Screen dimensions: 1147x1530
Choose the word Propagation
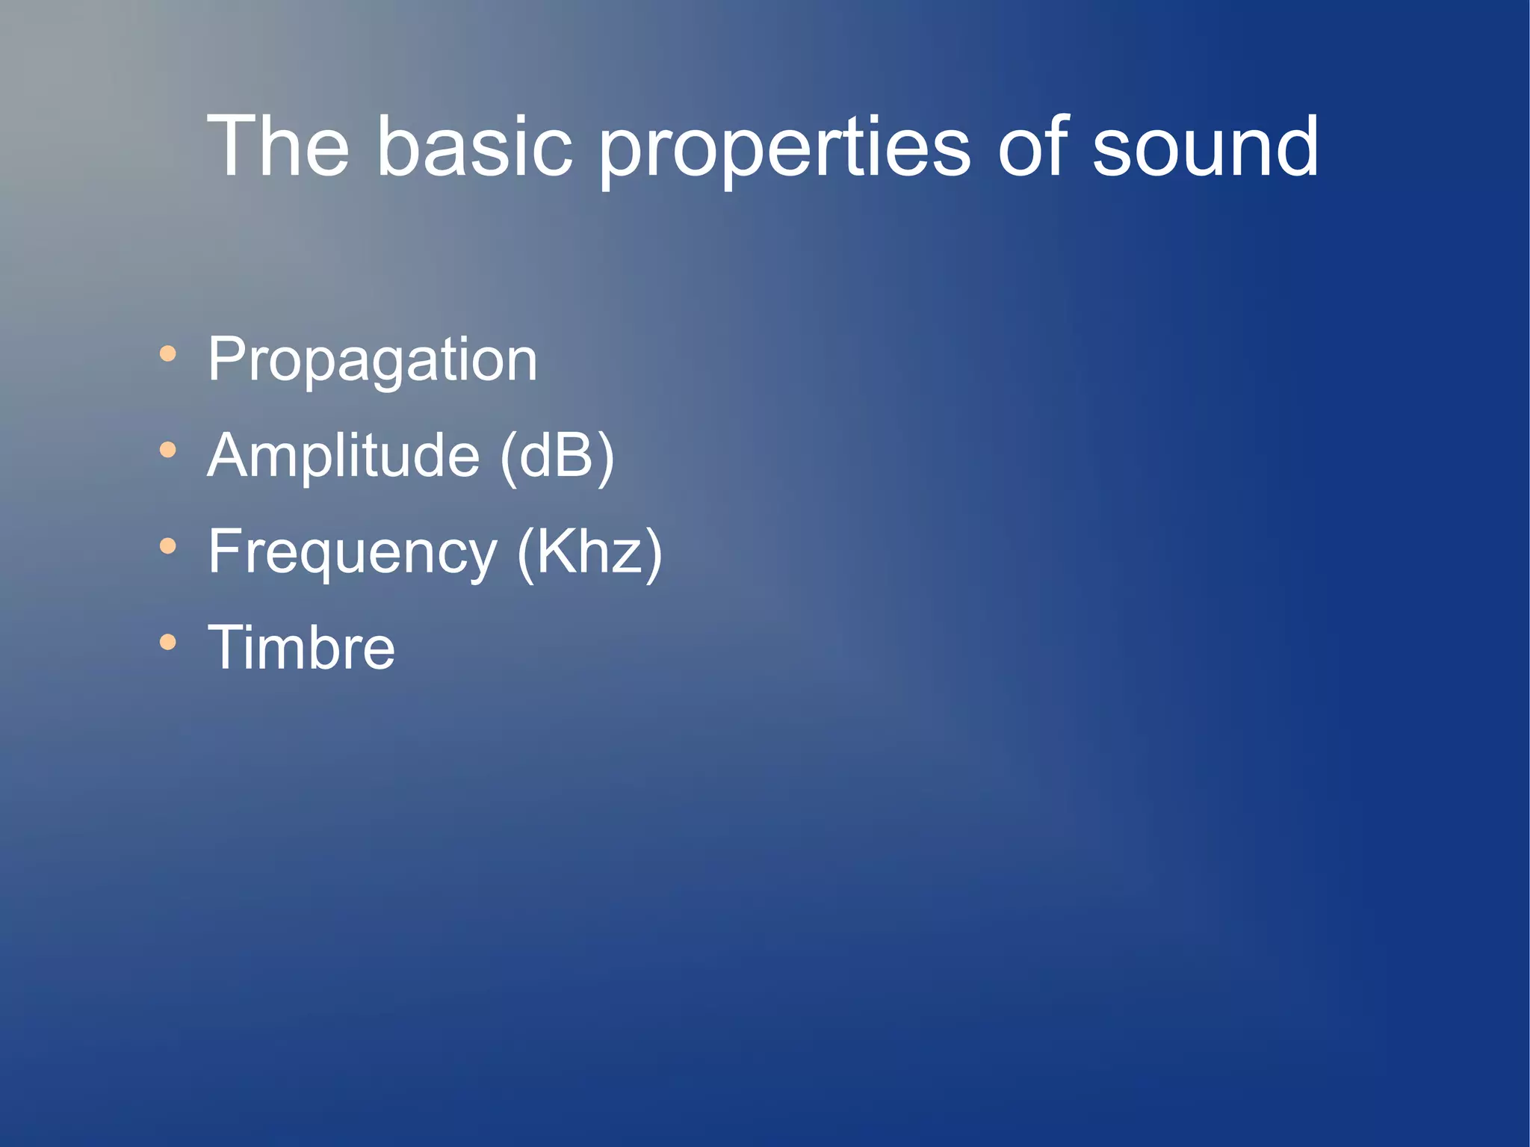[372, 361]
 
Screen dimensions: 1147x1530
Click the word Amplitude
[343, 456]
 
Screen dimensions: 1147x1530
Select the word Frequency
[352, 553]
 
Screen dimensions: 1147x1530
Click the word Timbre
[301, 647]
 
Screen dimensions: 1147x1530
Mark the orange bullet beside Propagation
[168, 353]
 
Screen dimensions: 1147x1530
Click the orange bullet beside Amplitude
[168, 450]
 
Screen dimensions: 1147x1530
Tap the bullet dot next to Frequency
[168, 546]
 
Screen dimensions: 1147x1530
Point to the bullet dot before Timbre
[168, 642]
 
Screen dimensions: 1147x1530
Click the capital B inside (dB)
[576, 455]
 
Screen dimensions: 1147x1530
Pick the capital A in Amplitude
[228, 455]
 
